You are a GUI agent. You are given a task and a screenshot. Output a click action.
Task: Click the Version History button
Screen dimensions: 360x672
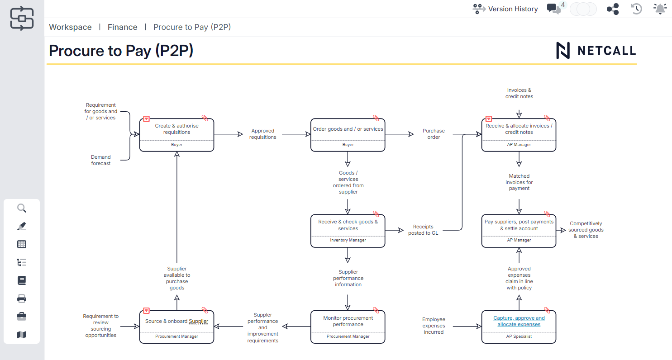coord(505,9)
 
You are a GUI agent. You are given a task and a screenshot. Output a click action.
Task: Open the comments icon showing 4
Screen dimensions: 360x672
coord(553,9)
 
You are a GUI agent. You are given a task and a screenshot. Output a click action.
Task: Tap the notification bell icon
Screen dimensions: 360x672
coord(660,9)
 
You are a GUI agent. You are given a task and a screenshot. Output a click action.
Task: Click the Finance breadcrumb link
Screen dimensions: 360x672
coord(122,27)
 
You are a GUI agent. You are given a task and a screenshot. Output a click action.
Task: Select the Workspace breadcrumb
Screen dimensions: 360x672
coord(70,27)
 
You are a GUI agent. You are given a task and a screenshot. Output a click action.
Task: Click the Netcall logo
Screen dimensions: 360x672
coord(596,51)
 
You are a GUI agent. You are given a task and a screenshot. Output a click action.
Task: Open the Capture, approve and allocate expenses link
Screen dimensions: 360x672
coord(519,321)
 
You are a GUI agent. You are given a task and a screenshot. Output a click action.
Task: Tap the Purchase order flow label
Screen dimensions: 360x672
coord(434,134)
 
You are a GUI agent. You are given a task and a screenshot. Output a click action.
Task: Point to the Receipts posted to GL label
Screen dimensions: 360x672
coord(423,230)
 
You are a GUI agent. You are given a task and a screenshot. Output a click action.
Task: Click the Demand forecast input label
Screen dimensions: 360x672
coord(100,160)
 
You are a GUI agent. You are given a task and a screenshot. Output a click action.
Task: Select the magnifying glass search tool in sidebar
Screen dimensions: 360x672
coord(22,208)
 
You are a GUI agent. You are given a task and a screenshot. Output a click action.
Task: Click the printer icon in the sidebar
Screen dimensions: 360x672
coord(22,298)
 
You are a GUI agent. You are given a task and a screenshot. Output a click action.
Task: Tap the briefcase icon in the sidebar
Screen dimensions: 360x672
coord(22,317)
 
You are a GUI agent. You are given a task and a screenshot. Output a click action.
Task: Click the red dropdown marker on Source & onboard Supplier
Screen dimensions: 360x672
coord(146,311)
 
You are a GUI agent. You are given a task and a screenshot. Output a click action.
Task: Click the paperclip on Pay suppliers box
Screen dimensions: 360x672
coord(547,214)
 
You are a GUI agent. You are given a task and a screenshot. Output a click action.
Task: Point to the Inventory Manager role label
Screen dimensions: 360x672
coord(348,240)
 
